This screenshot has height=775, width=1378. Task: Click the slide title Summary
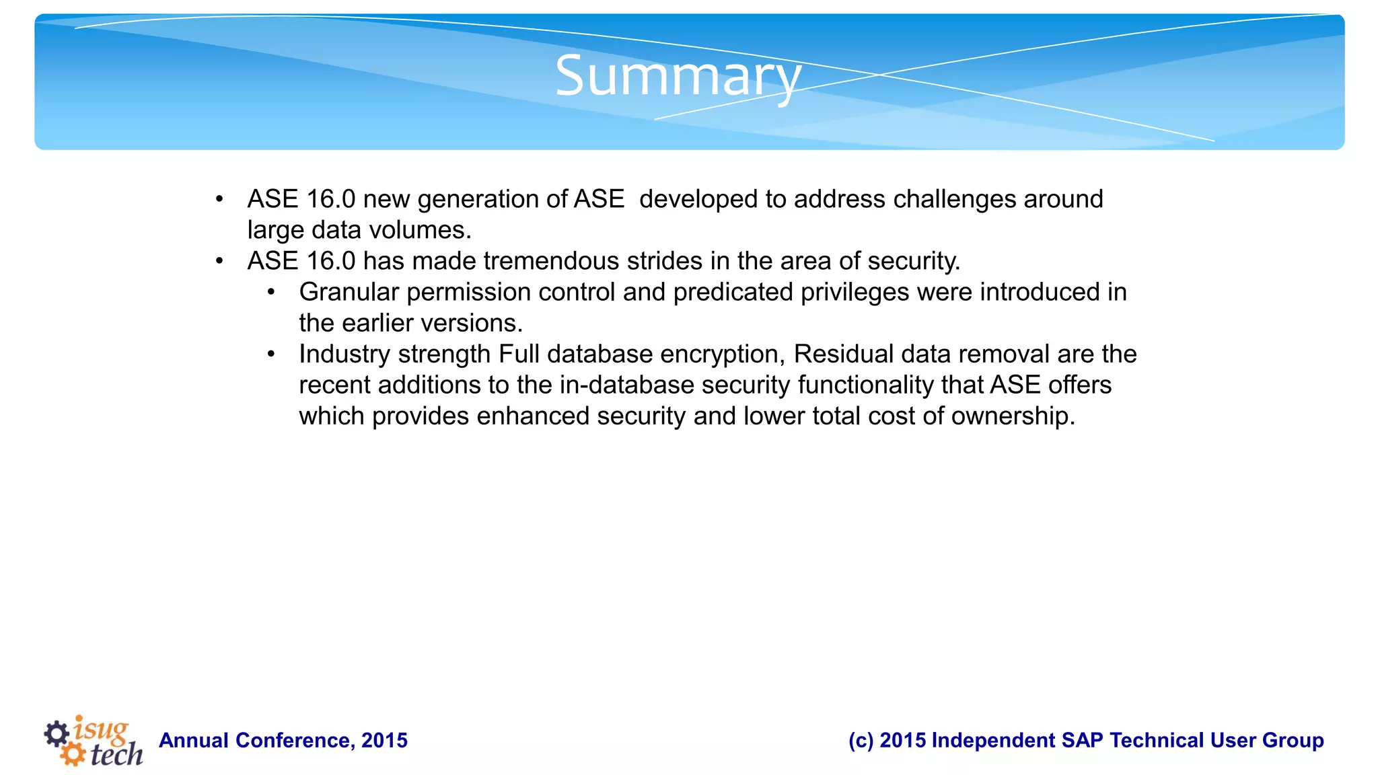pos(678,76)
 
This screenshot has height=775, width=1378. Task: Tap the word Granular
pos(349,292)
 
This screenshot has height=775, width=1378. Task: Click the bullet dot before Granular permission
pos(271,293)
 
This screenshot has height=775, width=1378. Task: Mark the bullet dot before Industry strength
pos(271,355)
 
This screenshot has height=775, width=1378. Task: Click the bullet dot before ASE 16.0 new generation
pos(219,200)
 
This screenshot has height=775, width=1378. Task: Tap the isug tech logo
pos(94,741)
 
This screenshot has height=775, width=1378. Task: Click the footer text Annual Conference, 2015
pos(283,740)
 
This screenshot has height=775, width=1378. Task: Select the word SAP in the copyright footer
pos(1083,740)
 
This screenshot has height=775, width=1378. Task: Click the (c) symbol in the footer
pos(860,740)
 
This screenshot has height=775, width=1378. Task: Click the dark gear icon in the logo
pos(57,733)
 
